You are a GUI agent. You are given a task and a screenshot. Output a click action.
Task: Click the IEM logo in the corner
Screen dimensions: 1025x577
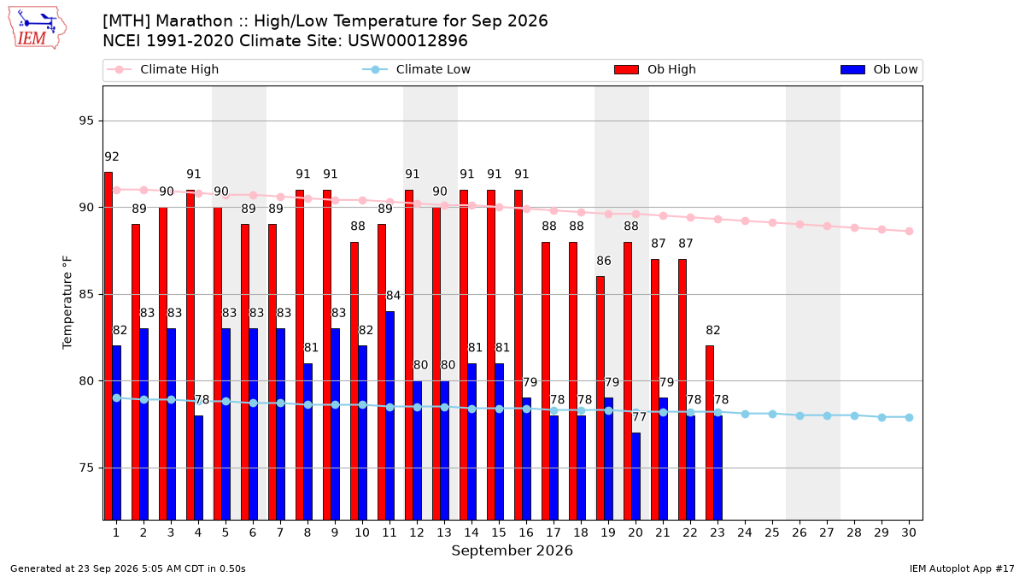tap(38, 28)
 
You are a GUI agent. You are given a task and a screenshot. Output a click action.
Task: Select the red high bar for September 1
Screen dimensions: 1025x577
tap(108, 346)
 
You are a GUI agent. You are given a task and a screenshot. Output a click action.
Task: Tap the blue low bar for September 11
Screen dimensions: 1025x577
tap(389, 415)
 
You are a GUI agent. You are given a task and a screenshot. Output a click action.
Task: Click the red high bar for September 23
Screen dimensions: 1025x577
tap(710, 433)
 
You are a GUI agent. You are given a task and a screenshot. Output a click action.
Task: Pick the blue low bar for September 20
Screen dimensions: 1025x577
tap(636, 476)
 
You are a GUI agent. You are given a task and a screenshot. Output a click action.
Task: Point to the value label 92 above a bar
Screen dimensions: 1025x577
tap(112, 157)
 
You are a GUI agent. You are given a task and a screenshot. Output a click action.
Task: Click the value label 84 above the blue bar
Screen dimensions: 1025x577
tap(393, 296)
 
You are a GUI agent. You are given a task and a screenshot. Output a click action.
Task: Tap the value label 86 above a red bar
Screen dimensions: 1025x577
tap(604, 261)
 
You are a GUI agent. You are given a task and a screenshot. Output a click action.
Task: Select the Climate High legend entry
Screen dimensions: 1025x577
tap(163, 69)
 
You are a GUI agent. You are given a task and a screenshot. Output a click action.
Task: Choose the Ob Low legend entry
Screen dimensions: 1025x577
tap(879, 69)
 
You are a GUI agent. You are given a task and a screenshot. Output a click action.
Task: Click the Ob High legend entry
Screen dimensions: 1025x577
tap(655, 69)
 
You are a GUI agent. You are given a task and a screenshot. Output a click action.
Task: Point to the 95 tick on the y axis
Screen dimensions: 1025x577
tap(86, 121)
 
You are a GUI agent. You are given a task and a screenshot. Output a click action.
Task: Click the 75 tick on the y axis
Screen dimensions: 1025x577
tap(86, 468)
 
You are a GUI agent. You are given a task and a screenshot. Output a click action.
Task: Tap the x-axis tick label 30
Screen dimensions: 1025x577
tap(909, 533)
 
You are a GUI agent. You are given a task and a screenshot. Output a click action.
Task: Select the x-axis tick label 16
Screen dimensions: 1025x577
tap(526, 533)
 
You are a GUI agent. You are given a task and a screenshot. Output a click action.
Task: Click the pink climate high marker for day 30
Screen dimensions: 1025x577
tap(909, 232)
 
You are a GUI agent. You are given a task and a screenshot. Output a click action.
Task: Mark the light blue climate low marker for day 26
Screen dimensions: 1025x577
tap(799, 415)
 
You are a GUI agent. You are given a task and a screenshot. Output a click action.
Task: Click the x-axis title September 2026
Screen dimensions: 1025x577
tap(512, 551)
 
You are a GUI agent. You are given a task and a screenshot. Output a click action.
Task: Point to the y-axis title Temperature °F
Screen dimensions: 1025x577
tap(67, 303)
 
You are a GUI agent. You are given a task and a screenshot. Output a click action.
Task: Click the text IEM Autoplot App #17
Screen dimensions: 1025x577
tap(962, 568)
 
